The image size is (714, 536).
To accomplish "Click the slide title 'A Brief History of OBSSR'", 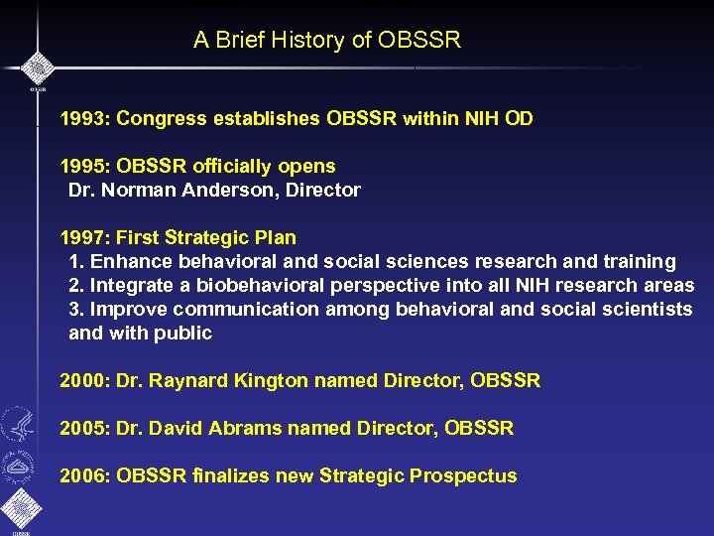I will click(327, 41).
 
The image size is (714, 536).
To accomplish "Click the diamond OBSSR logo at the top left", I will click(37, 67).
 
